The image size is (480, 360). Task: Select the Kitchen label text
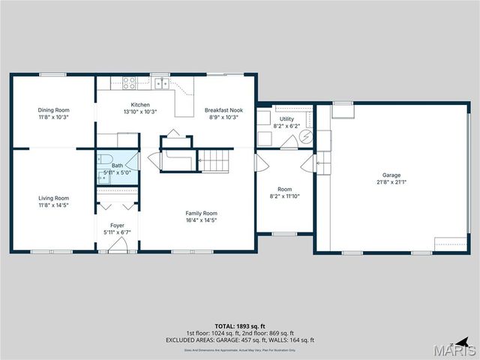tap(140, 104)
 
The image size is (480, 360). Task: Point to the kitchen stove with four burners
tap(129, 83)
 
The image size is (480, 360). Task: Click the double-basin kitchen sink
tap(159, 83)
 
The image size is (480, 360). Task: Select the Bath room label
tap(117, 166)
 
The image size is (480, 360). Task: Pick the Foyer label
tap(117, 225)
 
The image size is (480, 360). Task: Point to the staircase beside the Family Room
tap(214, 160)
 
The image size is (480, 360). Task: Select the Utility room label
tap(286, 119)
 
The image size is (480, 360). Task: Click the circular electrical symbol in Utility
tap(306, 136)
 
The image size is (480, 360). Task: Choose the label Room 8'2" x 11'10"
tap(285, 193)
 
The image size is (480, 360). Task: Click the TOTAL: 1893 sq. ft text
tap(240, 326)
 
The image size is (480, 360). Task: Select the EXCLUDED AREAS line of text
tap(240, 340)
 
